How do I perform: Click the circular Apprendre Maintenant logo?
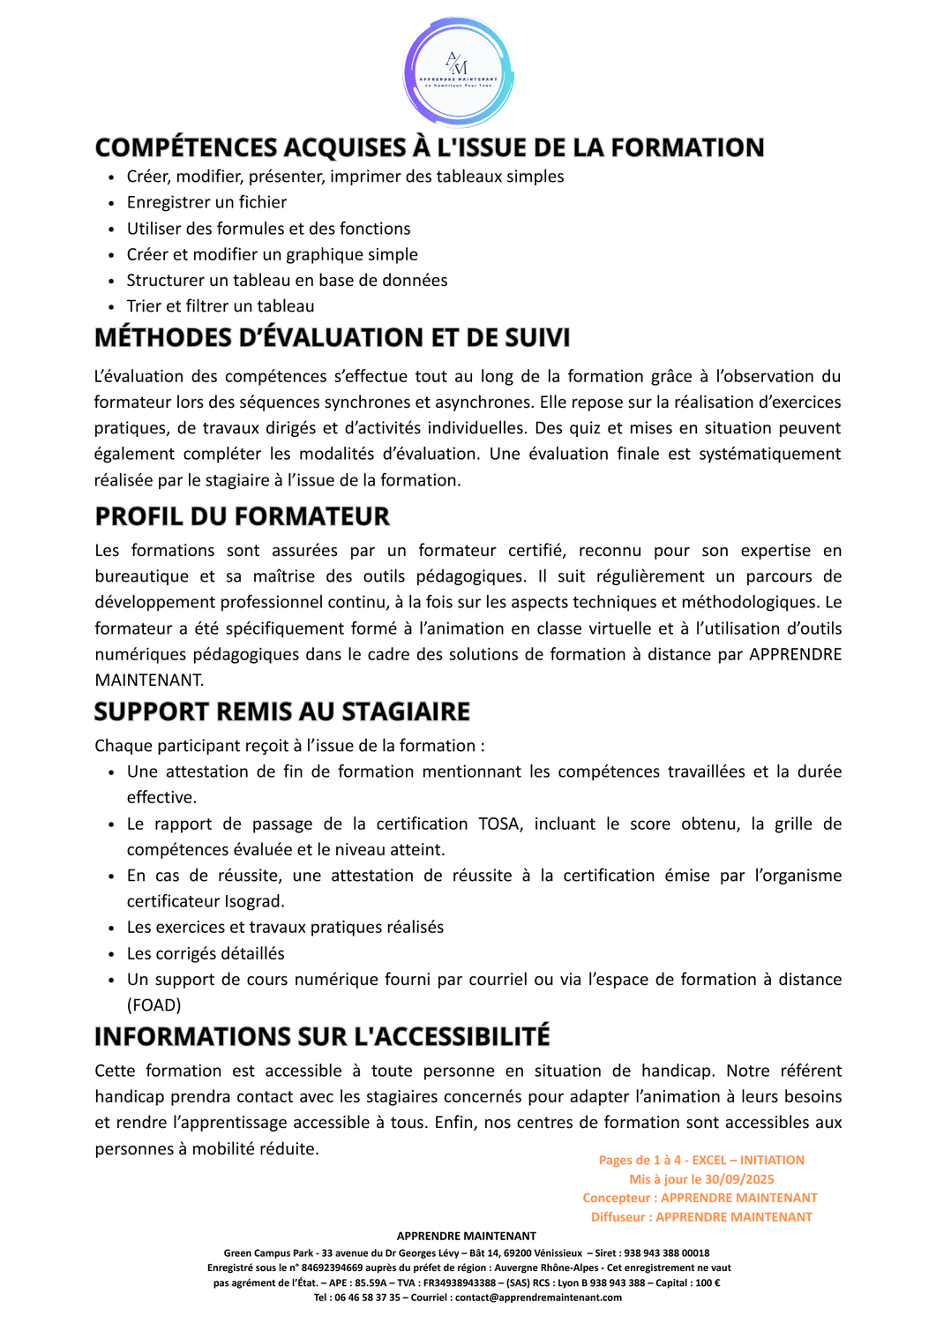click(459, 72)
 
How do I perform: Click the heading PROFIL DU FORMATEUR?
click(242, 516)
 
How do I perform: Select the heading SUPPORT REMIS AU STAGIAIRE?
click(282, 711)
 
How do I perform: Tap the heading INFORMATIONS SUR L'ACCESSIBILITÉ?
click(322, 1036)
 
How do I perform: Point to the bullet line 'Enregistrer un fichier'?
click(206, 202)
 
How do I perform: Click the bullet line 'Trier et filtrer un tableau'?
click(221, 306)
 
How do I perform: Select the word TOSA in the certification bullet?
click(499, 824)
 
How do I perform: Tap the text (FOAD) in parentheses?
click(154, 1005)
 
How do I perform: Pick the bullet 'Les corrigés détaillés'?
click(206, 953)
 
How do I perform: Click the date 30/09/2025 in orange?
click(739, 1179)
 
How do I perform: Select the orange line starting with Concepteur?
click(700, 1198)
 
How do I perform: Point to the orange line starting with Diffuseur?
click(701, 1217)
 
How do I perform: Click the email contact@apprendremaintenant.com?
click(538, 1298)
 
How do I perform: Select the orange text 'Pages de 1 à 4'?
click(640, 1161)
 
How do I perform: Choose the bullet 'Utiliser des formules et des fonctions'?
click(268, 229)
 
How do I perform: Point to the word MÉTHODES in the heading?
click(160, 337)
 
